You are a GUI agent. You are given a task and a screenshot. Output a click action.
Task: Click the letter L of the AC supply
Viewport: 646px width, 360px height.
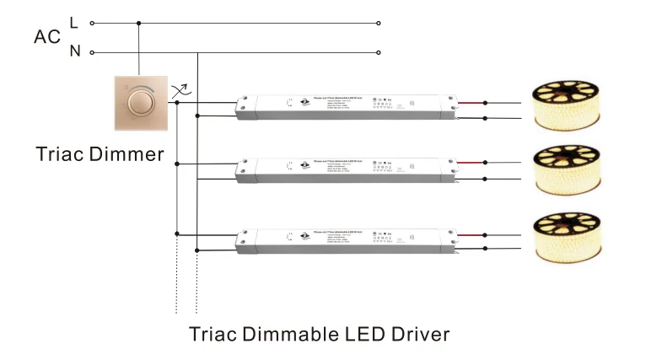click(74, 22)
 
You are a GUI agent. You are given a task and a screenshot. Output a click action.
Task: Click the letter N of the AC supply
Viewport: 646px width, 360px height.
click(74, 51)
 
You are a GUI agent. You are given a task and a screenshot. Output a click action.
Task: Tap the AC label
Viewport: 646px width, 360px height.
click(46, 37)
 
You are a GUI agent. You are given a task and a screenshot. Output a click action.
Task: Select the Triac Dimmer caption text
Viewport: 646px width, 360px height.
click(100, 154)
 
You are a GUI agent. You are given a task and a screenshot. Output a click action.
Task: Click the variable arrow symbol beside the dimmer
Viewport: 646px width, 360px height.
click(180, 90)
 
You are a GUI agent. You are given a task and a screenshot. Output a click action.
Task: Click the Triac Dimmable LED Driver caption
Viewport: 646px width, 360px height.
click(320, 333)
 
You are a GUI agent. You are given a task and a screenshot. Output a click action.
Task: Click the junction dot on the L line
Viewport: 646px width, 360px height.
click(138, 24)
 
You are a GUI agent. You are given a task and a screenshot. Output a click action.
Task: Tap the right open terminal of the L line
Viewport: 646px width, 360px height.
click(380, 24)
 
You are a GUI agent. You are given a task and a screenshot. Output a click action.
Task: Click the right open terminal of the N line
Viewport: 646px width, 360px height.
click(380, 52)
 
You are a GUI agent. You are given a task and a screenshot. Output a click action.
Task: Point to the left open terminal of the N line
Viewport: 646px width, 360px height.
click(92, 52)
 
